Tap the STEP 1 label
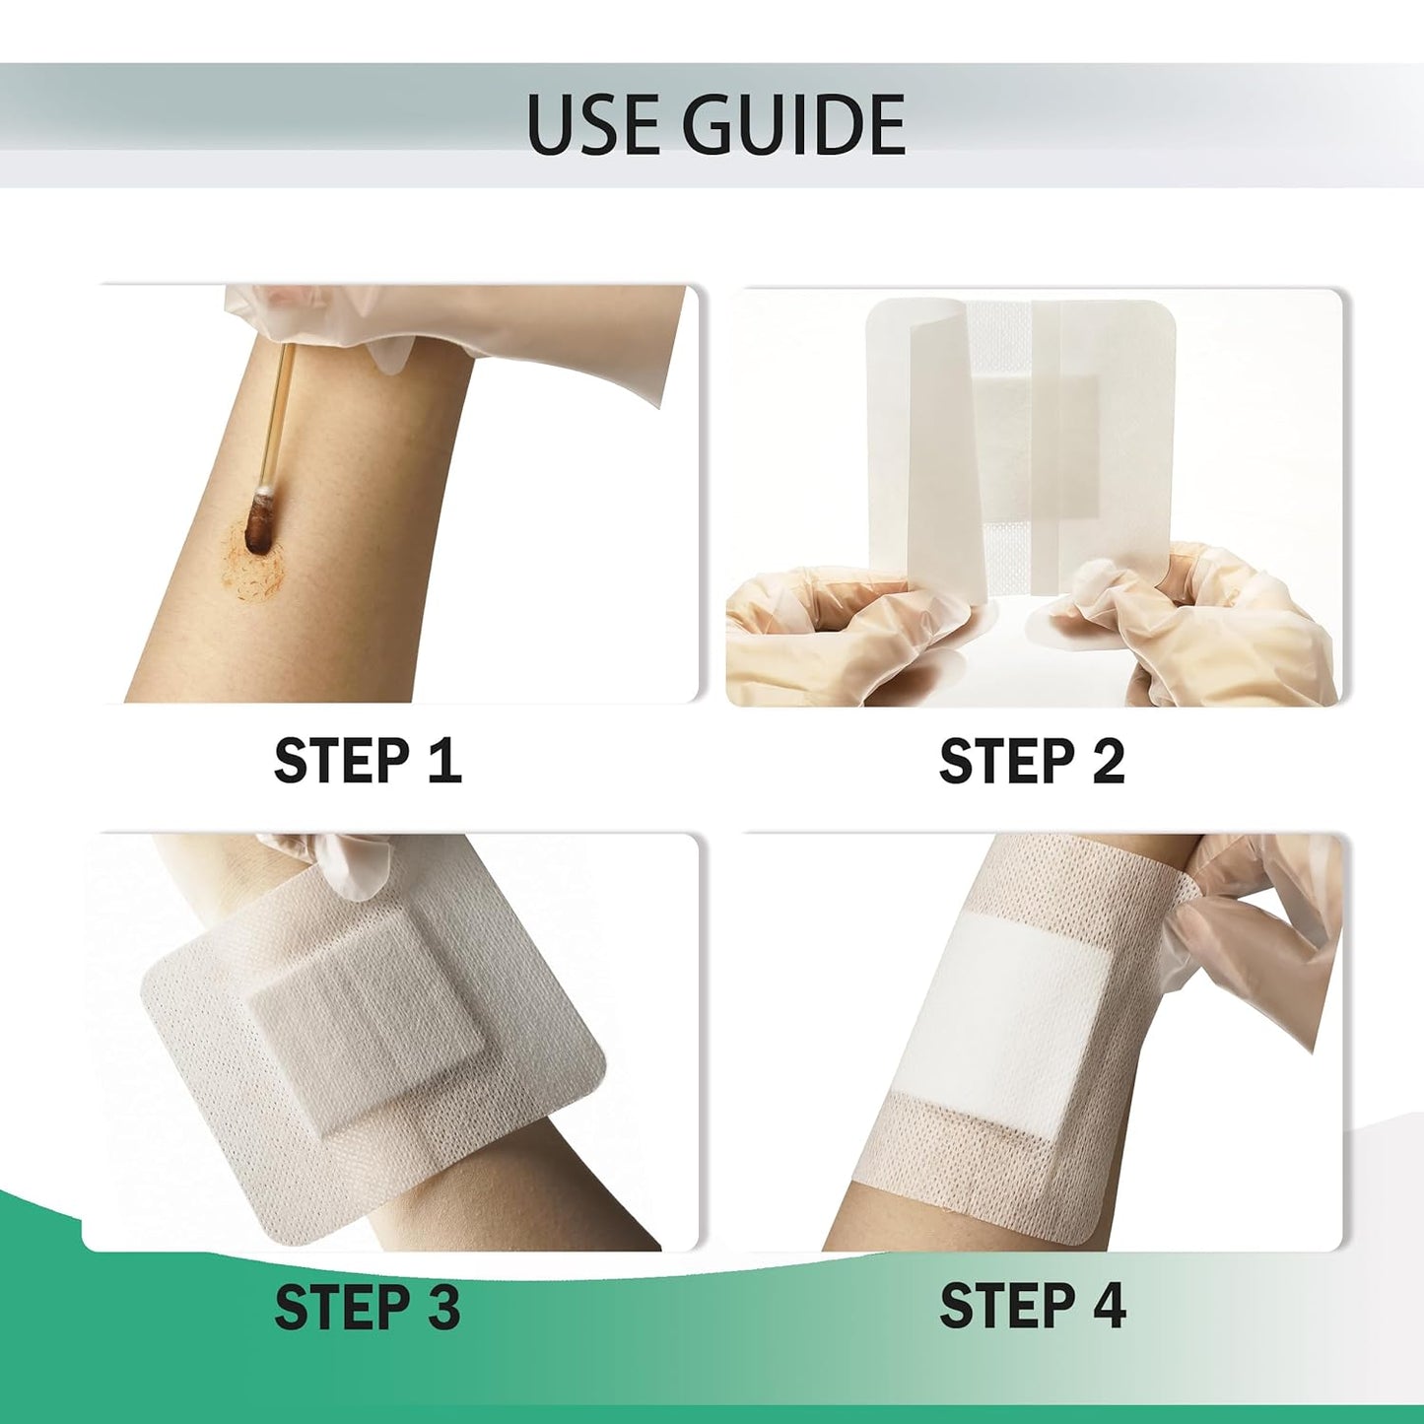coord(368,761)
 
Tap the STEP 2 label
coord(1032,761)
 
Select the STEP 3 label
coord(368,1307)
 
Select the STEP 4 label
coord(1032,1307)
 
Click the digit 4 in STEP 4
coord(1106,1307)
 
